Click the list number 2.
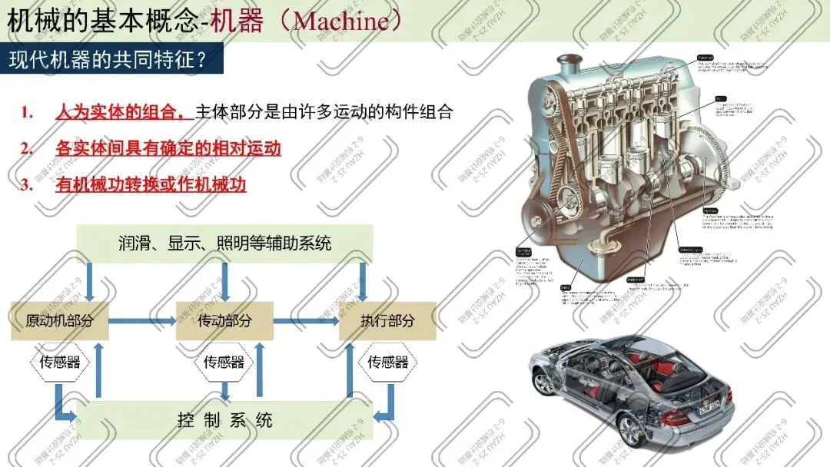pos(27,148)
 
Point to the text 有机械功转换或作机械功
pos(151,184)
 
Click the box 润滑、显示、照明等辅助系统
pos(224,243)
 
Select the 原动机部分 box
pos(60,321)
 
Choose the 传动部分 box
pos(224,321)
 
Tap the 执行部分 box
pos(387,321)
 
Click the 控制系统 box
pos(224,420)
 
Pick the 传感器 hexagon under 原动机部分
pos(60,362)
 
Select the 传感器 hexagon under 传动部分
pos(224,362)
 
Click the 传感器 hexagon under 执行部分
pos(387,362)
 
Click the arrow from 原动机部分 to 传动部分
pos(142,321)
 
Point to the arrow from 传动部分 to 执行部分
pos(306,321)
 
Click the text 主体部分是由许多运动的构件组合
pos(324,111)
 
